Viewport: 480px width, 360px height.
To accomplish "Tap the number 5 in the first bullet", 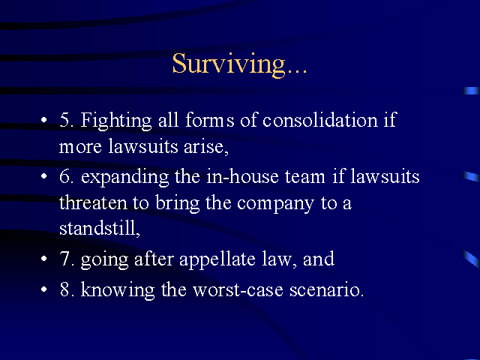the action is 64,120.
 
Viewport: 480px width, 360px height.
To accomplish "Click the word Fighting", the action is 116,121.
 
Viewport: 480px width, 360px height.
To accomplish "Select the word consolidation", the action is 320,120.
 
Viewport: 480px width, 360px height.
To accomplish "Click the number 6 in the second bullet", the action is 65,177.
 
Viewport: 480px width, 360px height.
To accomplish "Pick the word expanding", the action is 125,178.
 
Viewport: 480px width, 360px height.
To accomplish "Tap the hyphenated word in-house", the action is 242,177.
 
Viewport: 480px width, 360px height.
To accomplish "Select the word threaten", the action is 93,202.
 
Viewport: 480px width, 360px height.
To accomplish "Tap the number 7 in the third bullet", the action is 65,259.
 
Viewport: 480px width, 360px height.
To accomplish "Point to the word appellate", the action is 217,260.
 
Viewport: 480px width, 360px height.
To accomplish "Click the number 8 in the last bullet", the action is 65,289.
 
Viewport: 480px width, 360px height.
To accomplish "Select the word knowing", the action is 118,290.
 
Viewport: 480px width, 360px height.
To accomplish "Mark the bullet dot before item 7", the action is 44,259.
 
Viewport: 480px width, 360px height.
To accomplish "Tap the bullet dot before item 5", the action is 44,120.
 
